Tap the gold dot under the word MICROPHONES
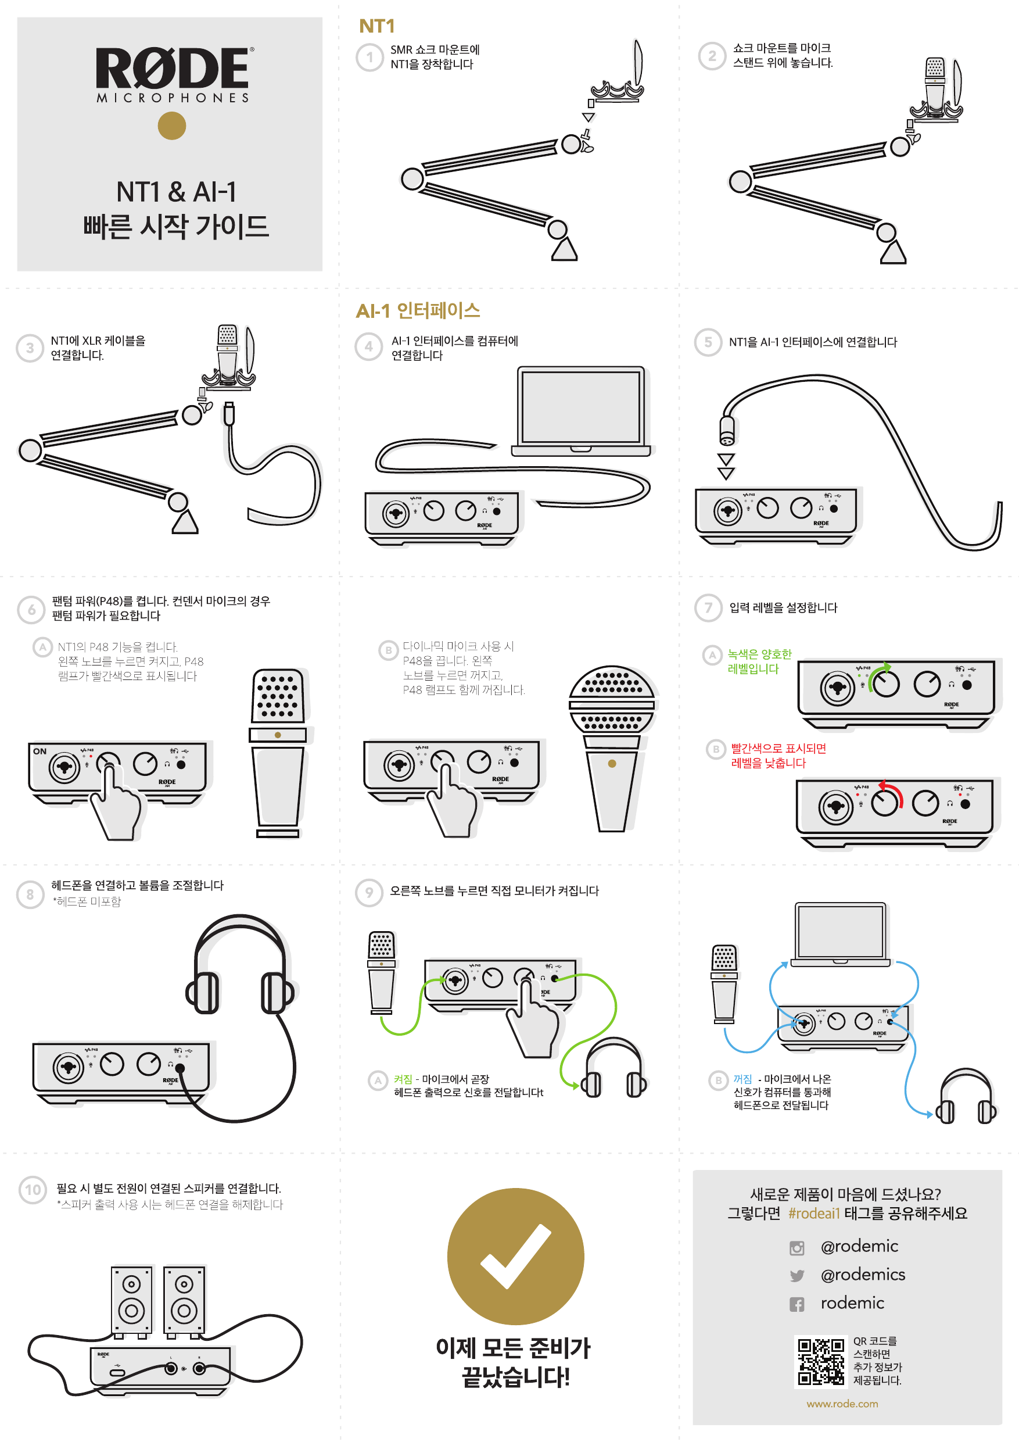pyautogui.click(x=172, y=126)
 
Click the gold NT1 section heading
pyautogui.click(x=376, y=26)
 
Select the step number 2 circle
pyautogui.click(x=711, y=56)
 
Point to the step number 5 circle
pyautogui.click(x=708, y=342)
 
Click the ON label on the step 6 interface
pyautogui.click(x=40, y=751)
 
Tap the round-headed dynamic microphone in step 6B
pyautogui.click(x=612, y=747)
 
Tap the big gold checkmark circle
pyautogui.click(x=515, y=1256)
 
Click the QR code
pyautogui.click(x=820, y=1361)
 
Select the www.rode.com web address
pyautogui.click(x=842, y=1404)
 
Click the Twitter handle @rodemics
pyautogui.click(x=863, y=1274)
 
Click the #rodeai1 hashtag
pyautogui.click(x=814, y=1214)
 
